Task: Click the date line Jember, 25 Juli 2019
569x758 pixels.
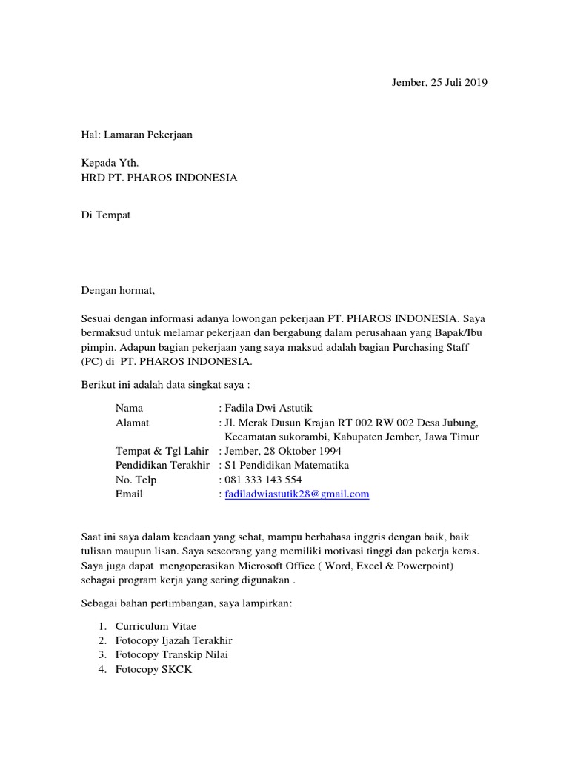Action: [439, 82]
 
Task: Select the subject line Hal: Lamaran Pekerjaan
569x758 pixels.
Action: [136, 135]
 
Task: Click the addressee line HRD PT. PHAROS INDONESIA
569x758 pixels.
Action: [159, 178]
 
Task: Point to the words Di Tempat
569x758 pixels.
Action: [106, 215]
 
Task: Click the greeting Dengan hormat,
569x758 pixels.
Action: [119, 290]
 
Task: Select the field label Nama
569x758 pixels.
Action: [130, 408]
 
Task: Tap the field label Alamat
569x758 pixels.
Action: [133, 423]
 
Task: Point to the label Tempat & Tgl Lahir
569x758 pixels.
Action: [162, 451]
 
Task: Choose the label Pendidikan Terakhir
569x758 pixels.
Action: [163, 466]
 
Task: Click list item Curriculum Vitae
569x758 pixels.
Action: [156, 626]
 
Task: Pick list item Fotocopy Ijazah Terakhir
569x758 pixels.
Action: [179, 640]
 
